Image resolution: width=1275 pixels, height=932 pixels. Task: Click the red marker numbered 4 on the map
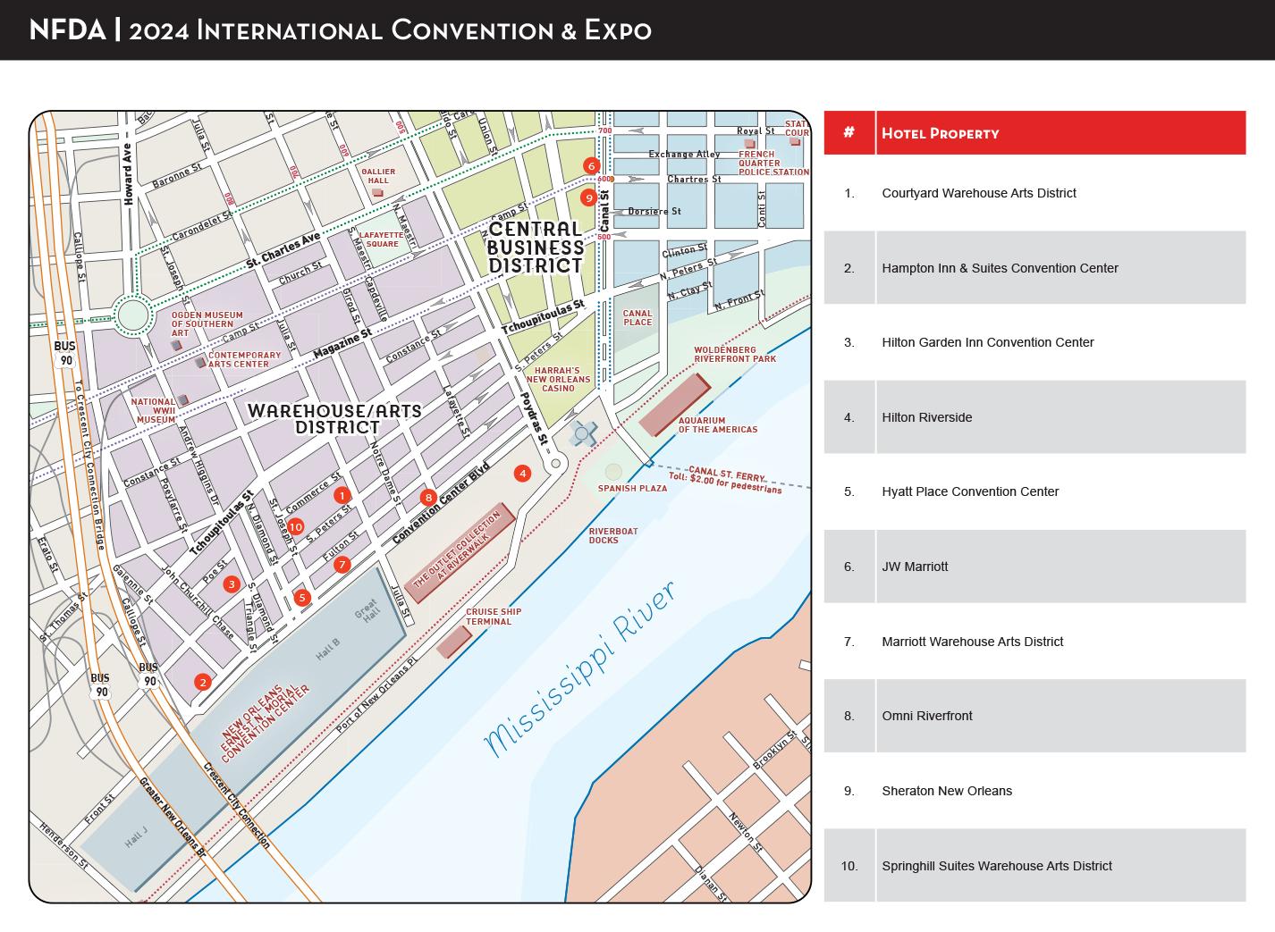point(522,474)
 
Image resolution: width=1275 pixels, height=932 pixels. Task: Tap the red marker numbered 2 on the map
point(203,683)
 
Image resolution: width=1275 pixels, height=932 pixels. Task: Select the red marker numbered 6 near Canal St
point(590,165)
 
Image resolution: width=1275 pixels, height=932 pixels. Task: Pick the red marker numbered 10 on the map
point(295,527)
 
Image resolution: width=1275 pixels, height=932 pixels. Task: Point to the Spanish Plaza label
point(632,489)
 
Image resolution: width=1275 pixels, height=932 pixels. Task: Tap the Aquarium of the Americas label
point(717,425)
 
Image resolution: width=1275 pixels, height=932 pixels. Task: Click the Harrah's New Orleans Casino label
point(559,379)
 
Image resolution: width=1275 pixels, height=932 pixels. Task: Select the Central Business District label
point(536,248)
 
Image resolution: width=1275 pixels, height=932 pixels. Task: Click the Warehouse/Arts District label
point(334,419)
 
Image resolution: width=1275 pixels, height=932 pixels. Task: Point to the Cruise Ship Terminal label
point(493,617)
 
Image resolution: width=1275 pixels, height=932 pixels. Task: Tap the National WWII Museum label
point(155,411)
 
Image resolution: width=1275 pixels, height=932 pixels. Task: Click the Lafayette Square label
point(381,239)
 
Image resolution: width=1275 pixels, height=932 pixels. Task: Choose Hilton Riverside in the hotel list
point(926,417)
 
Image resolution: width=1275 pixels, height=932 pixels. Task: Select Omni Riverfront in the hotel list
point(926,716)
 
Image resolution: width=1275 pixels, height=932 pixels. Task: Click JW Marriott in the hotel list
point(915,567)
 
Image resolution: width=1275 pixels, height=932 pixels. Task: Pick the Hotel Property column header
point(940,134)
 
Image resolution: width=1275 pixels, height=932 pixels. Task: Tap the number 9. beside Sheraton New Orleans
point(849,791)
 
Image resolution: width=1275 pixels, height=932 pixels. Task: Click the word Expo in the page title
point(618,30)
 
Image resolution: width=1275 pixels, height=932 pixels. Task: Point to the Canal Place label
point(637,318)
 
